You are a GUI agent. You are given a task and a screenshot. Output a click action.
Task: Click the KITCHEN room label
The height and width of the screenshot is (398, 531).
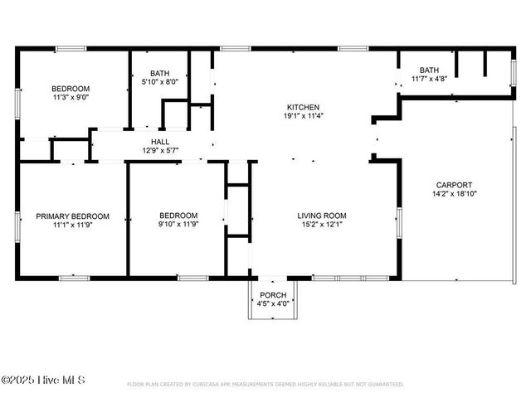[304, 108]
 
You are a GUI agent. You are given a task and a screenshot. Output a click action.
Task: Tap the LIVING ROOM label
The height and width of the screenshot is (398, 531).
[322, 216]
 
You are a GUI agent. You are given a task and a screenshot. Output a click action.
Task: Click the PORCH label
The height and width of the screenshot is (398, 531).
[273, 295]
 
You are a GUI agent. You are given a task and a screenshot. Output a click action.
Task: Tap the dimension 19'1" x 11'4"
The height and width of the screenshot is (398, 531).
[304, 117]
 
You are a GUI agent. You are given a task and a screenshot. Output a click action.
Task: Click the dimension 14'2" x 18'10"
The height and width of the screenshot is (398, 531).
[454, 194]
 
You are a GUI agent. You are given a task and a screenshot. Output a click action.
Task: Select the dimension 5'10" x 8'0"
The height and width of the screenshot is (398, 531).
[160, 82]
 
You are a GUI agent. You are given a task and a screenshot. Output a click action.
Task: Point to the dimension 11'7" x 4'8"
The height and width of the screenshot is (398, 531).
[429, 79]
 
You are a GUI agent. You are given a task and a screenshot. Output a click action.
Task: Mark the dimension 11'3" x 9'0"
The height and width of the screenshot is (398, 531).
[71, 97]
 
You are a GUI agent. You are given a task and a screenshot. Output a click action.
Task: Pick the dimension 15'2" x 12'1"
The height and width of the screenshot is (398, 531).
[322, 224]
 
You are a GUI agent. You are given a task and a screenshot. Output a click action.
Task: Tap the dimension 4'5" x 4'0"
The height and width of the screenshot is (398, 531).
[273, 303]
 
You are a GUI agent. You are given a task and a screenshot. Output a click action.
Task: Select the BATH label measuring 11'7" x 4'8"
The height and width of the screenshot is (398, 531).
[429, 70]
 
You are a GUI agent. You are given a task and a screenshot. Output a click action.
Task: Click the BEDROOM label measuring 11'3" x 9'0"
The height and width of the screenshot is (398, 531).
[71, 89]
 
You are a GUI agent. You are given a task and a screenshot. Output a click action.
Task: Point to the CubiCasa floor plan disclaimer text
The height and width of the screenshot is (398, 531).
[265, 385]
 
